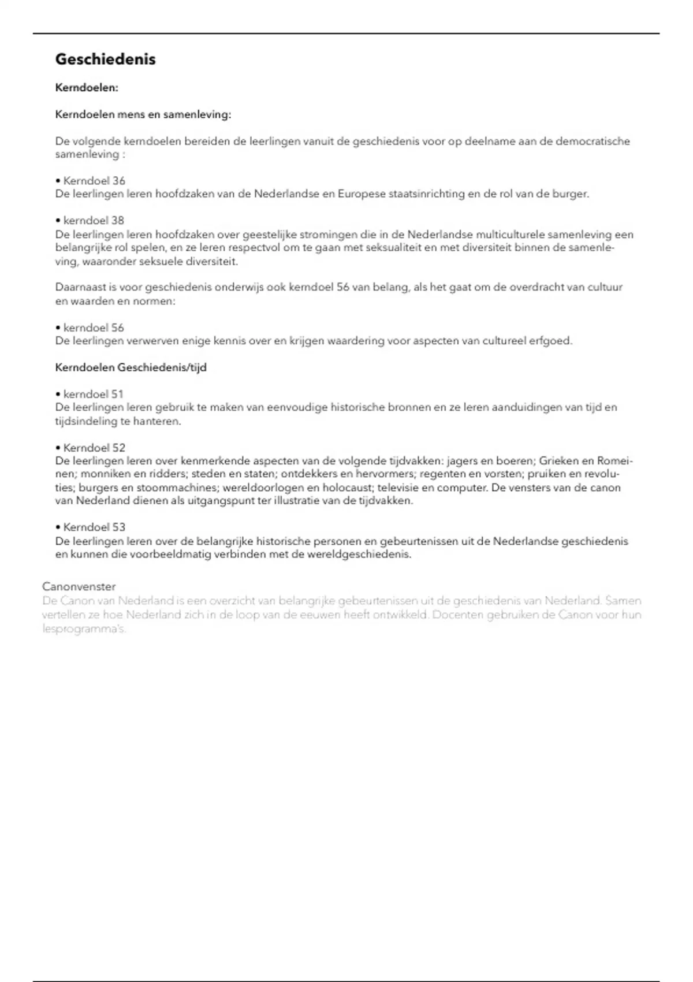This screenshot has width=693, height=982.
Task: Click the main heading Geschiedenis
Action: (x=105, y=59)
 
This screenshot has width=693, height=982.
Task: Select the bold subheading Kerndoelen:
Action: (x=87, y=88)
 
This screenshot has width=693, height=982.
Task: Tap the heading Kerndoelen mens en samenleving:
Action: (x=143, y=114)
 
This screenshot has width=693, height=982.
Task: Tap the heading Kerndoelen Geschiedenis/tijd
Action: (x=131, y=367)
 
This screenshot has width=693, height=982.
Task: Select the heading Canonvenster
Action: (x=79, y=586)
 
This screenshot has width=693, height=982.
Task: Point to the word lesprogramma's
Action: (x=84, y=628)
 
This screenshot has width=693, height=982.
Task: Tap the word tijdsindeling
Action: (x=85, y=421)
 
